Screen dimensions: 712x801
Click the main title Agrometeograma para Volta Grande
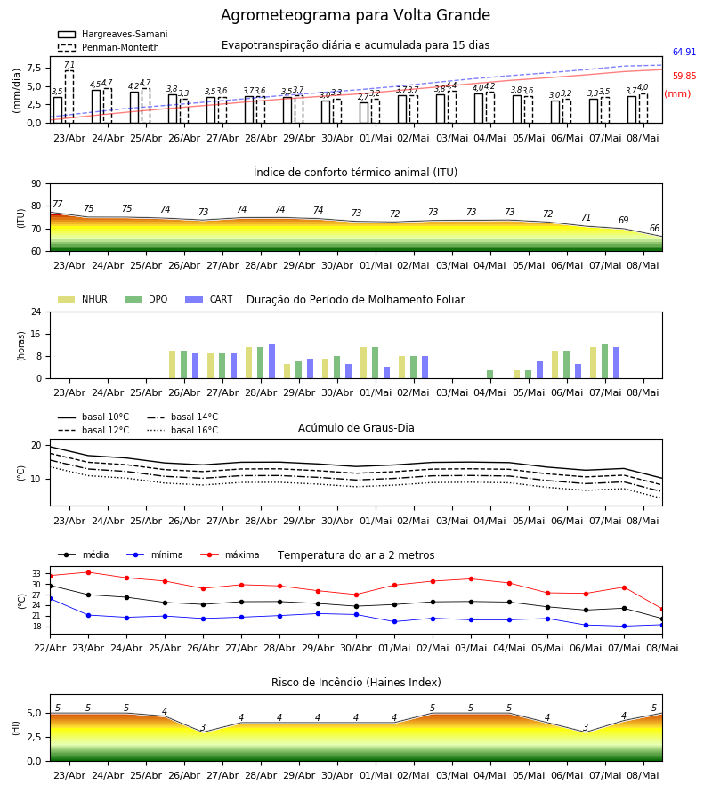pyautogui.click(x=355, y=15)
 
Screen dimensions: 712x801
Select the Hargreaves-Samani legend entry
pyautogui.click(x=112, y=34)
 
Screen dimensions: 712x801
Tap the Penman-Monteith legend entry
pyautogui.click(x=109, y=47)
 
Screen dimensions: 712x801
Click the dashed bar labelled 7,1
pyautogui.click(x=69, y=96)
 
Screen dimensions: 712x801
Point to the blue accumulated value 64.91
pyautogui.click(x=684, y=52)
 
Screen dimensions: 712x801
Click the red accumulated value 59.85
pyautogui.click(x=684, y=76)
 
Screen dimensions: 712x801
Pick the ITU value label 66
pyautogui.click(x=654, y=228)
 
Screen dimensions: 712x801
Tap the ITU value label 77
pyautogui.click(x=57, y=204)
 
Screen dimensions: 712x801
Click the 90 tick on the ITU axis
pyautogui.click(x=36, y=184)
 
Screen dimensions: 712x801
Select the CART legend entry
pyautogui.click(x=208, y=299)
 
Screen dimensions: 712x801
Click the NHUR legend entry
pyautogui.click(x=82, y=299)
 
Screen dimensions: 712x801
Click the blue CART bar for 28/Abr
pyautogui.click(x=271, y=361)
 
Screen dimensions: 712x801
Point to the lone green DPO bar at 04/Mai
pyautogui.click(x=489, y=375)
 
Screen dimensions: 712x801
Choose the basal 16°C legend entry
pyautogui.click(x=182, y=430)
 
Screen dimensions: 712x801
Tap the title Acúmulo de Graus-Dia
pyautogui.click(x=356, y=427)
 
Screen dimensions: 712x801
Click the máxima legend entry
pyautogui.click(x=230, y=554)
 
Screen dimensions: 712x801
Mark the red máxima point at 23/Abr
pyautogui.click(x=88, y=572)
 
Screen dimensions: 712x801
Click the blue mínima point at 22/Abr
pyautogui.click(x=50, y=598)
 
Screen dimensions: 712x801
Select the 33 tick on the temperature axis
pyautogui.click(x=36, y=574)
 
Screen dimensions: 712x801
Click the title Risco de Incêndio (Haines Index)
pyautogui.click(x=356, y=683)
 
